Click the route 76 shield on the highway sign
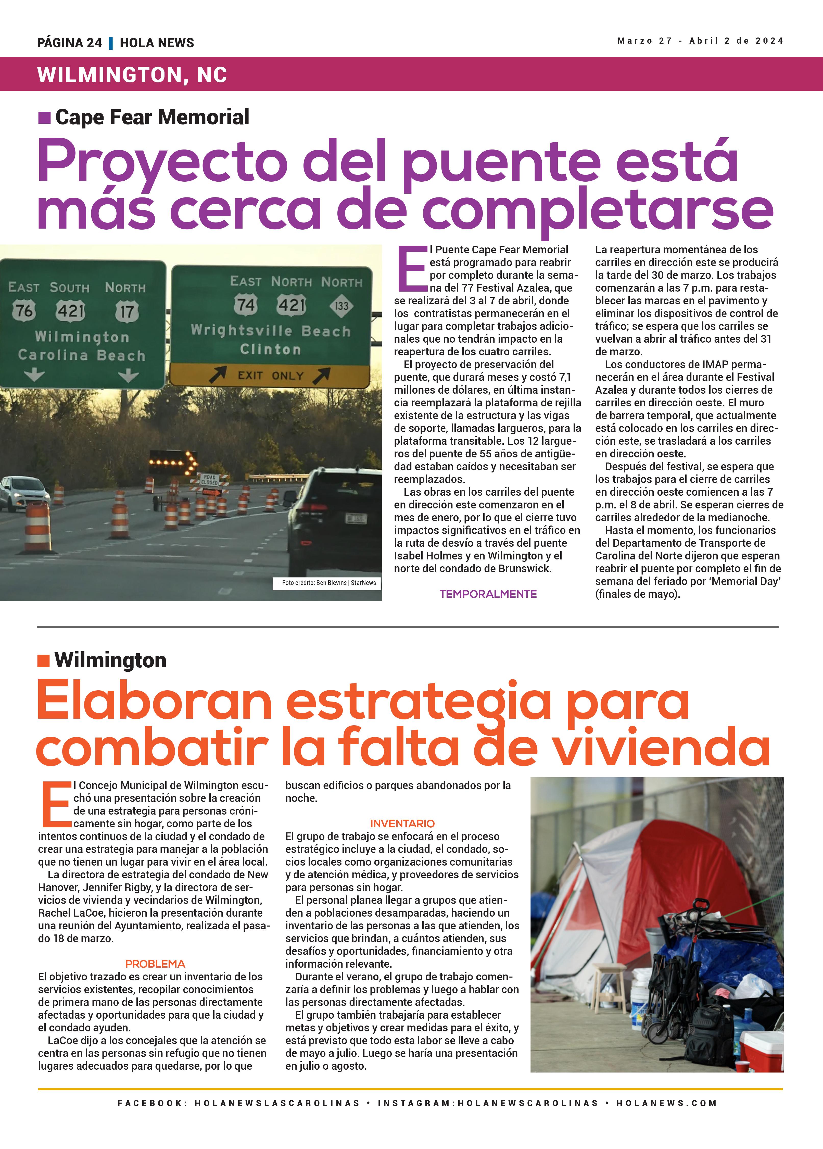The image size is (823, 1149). coord(24,310)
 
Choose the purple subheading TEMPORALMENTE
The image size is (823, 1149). coord(488,594)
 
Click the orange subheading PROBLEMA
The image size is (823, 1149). coord(155,964)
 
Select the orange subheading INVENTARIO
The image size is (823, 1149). coord(402,823)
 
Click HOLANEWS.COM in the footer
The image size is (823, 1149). coord(666,1103)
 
